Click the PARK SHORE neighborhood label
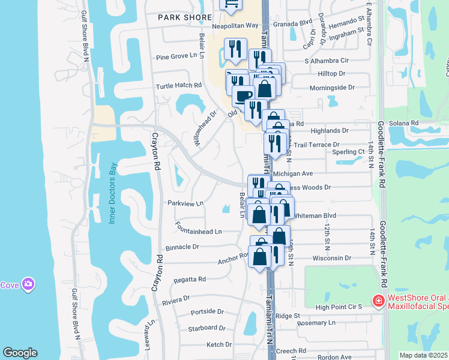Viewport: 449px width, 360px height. point(185,18)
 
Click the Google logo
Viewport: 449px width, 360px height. point(20,353)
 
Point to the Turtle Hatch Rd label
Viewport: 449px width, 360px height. point(179,86)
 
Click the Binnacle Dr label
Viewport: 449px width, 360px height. point(179,247)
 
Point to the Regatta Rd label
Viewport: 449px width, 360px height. point(190,279)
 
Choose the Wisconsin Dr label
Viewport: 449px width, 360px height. point(331,258)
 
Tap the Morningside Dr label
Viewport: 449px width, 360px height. point(332,88)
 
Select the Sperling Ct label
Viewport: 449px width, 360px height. point(352,152)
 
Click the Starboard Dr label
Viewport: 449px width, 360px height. point(206,328)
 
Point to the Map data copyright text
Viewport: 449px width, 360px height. point(424,355)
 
